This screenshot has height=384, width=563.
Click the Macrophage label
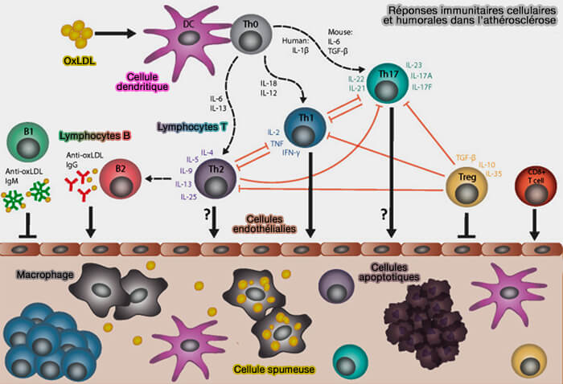[x=41, y=276]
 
